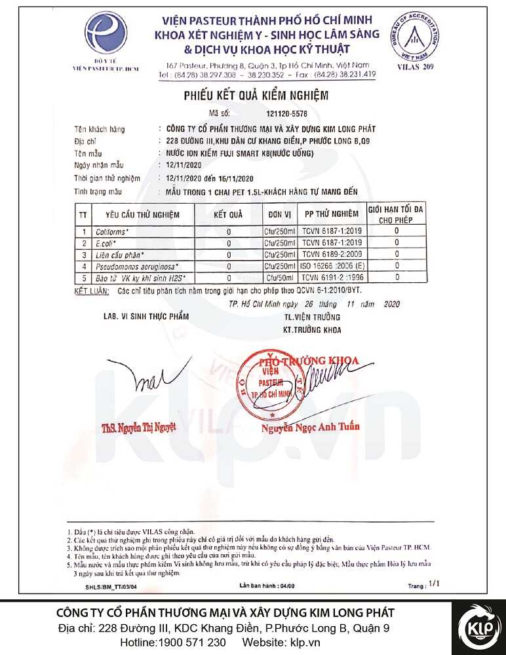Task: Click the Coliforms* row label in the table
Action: (113, 231)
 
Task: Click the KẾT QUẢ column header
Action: (228, 214)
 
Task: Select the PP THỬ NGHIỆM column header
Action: (331, 214)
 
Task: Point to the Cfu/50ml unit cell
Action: (280, 278)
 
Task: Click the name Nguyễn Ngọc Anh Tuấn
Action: (311, 427)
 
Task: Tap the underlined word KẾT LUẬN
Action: (90, 289)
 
